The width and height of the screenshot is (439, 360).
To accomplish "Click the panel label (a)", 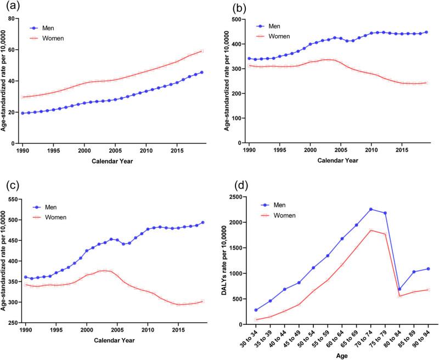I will [x=12, y=7].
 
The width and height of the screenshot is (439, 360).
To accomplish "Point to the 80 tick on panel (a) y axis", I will [x=16, y=19].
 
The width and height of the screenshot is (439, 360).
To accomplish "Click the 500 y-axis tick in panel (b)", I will [x=237, y=19].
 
